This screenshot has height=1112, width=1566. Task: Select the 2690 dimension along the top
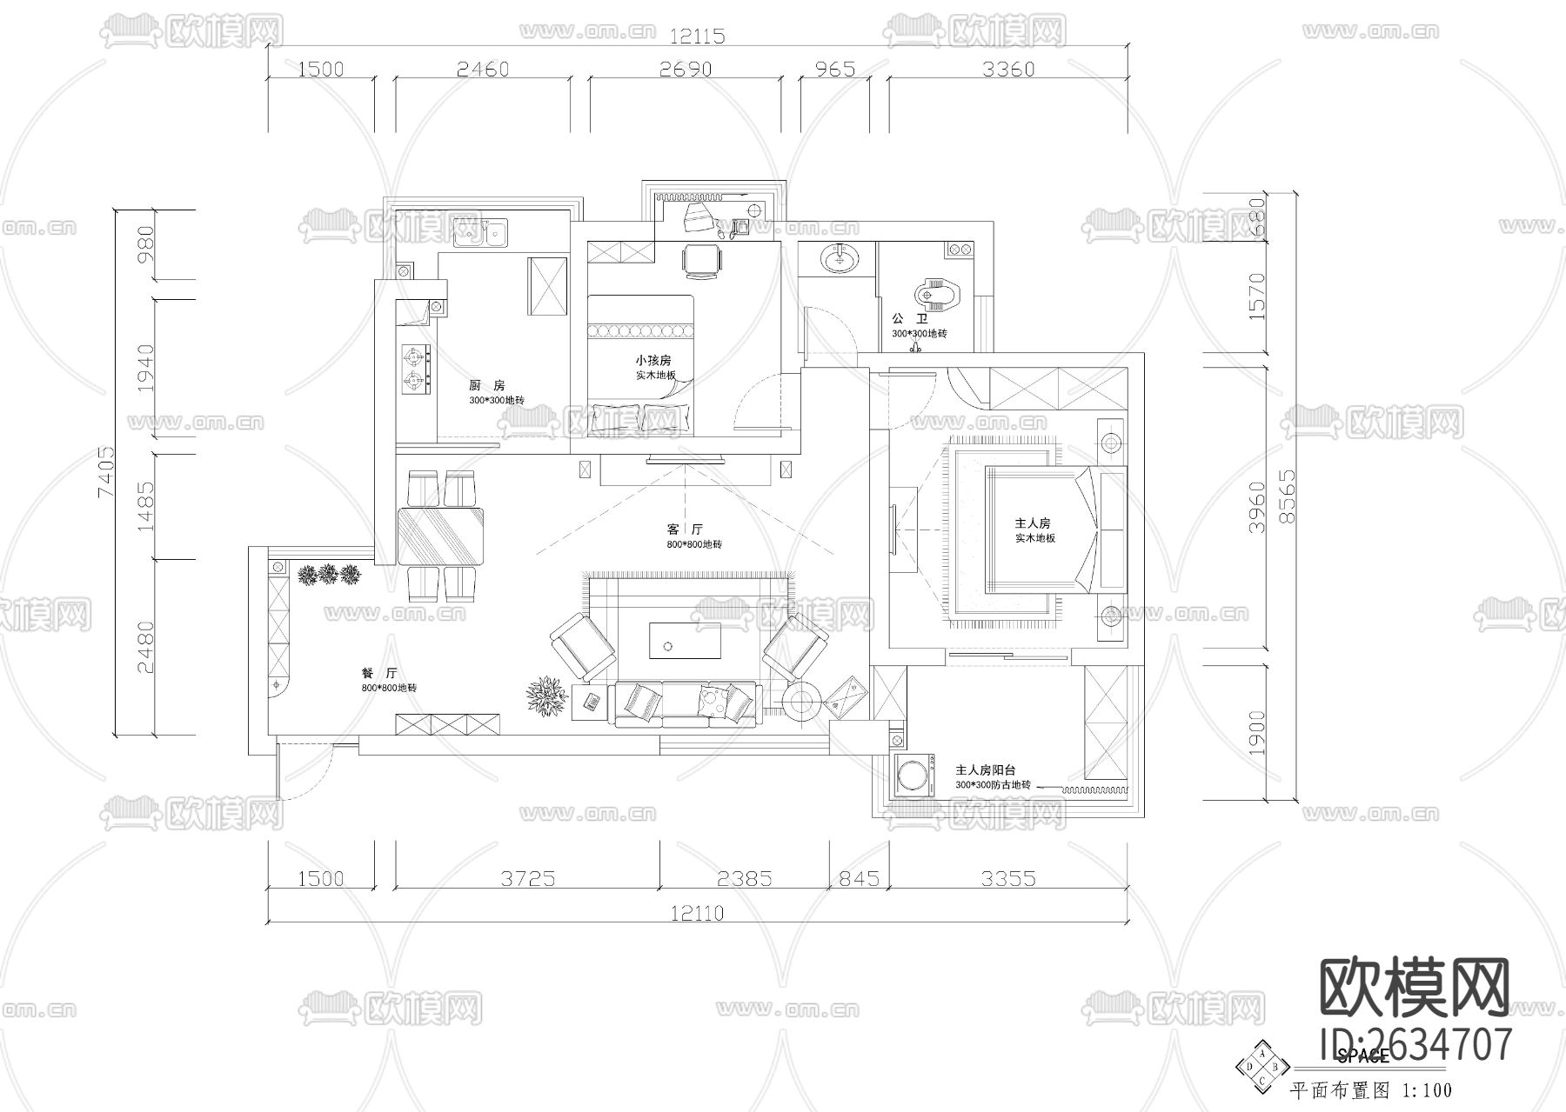pos(685,69)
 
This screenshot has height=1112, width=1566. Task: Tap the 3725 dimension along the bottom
pos(527,878)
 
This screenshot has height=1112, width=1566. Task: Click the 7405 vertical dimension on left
pos(105,472)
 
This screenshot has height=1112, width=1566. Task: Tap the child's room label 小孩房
pos(653,360)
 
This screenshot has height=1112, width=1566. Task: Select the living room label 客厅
pos(685,529)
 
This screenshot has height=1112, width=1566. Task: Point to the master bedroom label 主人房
pos(1033,523)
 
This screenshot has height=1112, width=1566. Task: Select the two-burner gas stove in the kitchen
pos(416,367)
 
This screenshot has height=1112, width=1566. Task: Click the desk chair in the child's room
pos(700,261)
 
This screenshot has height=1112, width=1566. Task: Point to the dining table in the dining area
pos(441,536)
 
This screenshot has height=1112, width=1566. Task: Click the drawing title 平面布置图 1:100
pos(1370,1089)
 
